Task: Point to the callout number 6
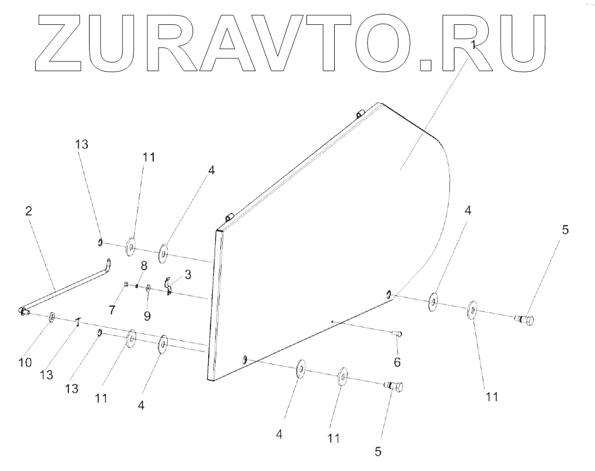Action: [397, 362]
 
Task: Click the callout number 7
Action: [112, 310]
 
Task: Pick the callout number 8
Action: [144, 266]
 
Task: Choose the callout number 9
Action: [147, 315]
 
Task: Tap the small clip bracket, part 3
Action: [168, 285]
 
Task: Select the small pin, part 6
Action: [398, 333]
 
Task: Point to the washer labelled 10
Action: [52, 317]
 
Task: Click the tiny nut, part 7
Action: [127, 283]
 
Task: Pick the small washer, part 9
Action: [148, 288]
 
